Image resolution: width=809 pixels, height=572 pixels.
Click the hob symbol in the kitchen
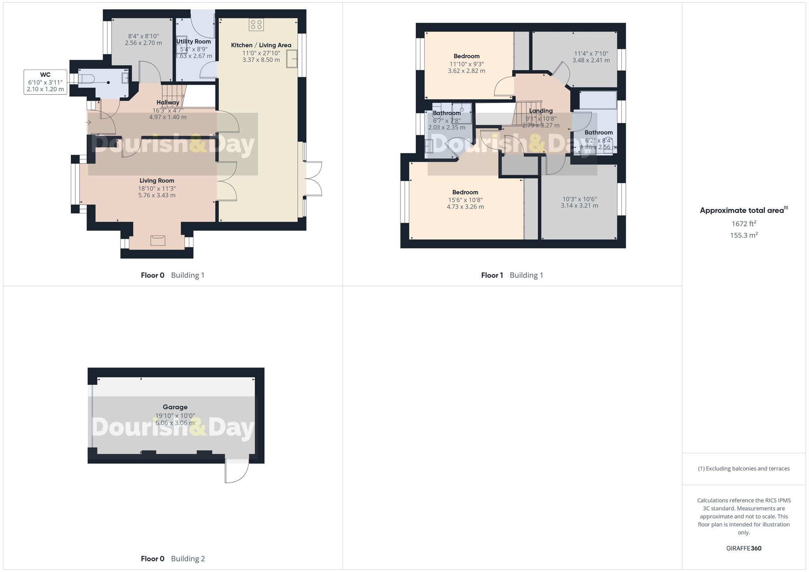coord(256,24)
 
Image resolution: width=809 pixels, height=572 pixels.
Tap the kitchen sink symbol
coord(292,59)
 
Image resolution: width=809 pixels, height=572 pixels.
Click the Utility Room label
coord(193,42)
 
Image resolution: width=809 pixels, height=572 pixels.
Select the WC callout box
coord(45,82)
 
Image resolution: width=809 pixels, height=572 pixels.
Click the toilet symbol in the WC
coord(86,78)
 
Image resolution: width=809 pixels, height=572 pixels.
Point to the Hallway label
coord(168,103)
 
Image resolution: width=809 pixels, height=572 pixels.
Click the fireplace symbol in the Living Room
coord(158,241)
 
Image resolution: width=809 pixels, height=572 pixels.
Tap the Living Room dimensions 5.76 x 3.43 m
coord(157,195)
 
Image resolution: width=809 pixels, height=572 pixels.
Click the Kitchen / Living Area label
coord(261,45)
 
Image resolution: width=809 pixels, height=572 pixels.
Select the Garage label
coord(175,407)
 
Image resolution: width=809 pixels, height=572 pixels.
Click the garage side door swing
coord(237,471)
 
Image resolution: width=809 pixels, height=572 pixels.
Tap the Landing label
coord(541,111)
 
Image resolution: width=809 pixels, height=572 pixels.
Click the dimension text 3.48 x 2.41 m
coord(591,60)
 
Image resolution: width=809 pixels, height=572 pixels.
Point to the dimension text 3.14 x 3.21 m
coord(579,206)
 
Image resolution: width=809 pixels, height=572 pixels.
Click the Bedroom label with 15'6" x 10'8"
coord(465,192)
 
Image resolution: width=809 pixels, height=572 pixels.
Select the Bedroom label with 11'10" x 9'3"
coord(466,56)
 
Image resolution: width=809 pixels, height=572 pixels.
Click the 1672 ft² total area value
coord(743,224)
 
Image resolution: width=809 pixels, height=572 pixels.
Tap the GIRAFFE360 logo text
coord(743,549)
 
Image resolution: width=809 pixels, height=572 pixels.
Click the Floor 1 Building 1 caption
coord(512,275)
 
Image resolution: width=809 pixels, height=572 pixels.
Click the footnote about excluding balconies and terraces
coord(743,469)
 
